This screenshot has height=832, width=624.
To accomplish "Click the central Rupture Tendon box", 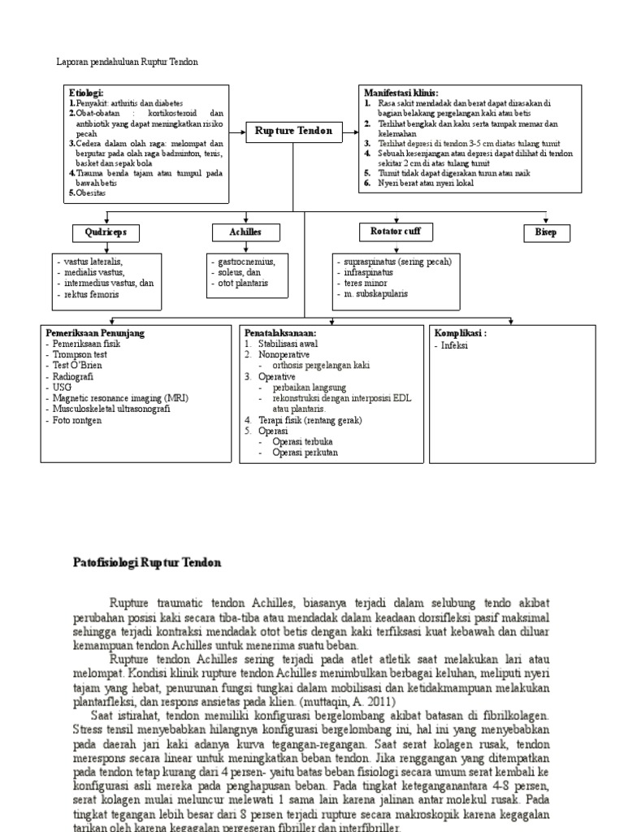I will pyautogui.click(x=293, y=131).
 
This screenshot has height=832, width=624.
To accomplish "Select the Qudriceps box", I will pyautogui.click(x=105, y=233).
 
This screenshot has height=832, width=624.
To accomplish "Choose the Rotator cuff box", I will pyautogui.click(x=395, y=232).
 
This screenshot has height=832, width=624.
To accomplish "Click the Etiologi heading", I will pyautogui.click(x=87, y=93).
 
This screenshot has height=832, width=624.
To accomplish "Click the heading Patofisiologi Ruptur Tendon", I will pyautogui.click(x=147, y=562).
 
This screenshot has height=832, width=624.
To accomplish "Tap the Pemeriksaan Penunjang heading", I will pyautogui.click(x=95, y=333).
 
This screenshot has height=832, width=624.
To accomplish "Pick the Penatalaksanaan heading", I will pyautogui.click(x=280, y=333).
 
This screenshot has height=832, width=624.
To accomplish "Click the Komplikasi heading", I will pyautogui.click(x=460, y=333).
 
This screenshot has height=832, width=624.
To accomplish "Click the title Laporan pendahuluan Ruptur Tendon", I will pyautogui.click(x=127, y=62).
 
